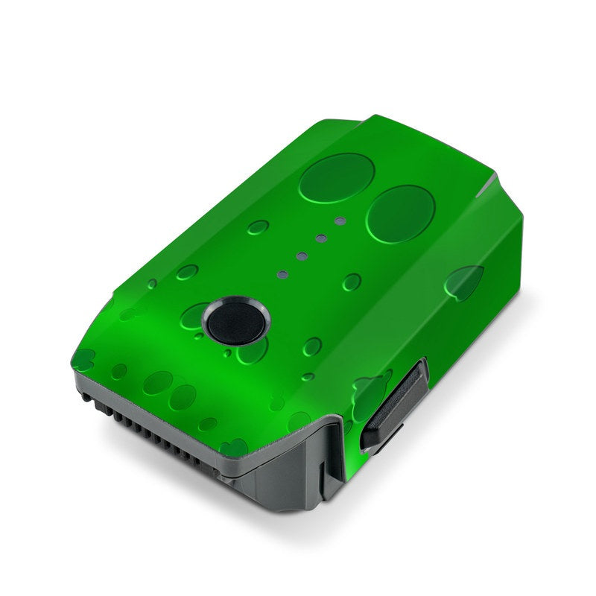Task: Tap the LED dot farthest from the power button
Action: [x=340, y=221]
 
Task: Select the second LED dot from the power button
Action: [x=302, y=256]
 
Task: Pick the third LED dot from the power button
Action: [x=321, y=238]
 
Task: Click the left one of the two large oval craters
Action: [x=337, y=177]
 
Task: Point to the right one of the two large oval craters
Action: [x=401, y=214]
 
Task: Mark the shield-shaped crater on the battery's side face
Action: [x=465, y=282]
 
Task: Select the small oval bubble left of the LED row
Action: [x=258, y=227]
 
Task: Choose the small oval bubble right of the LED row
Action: [x=352, y=282]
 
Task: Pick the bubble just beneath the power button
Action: [x=251, y=350]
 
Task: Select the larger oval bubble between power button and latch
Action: [x=312, y=346]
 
